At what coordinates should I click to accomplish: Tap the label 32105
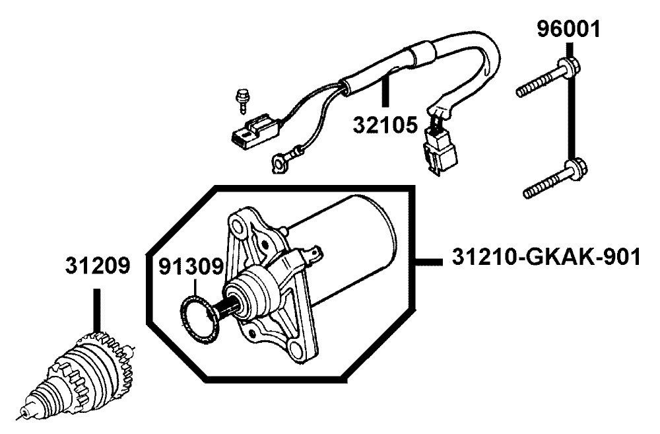point(385,124)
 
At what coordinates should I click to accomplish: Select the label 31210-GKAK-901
point(546,257)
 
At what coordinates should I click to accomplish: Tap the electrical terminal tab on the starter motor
point(314,254)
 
